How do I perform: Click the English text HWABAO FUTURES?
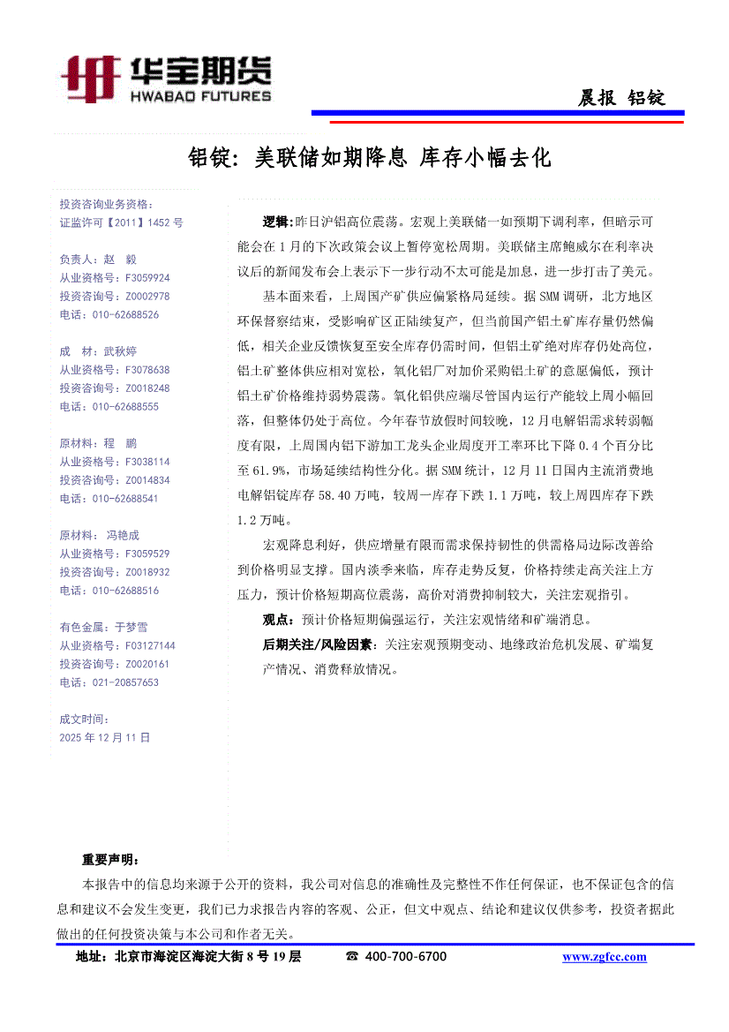coord(200,95)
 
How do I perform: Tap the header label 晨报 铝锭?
coord(620,98)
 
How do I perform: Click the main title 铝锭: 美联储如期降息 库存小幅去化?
coord(370,158)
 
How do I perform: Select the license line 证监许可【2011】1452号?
coord(121,223)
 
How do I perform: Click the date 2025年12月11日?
coord(104,736)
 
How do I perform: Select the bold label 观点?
coord(281,620)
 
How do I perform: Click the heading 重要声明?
coord(109,859)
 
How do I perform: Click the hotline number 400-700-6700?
coord(405,956)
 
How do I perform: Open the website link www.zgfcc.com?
coord(604,957)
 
